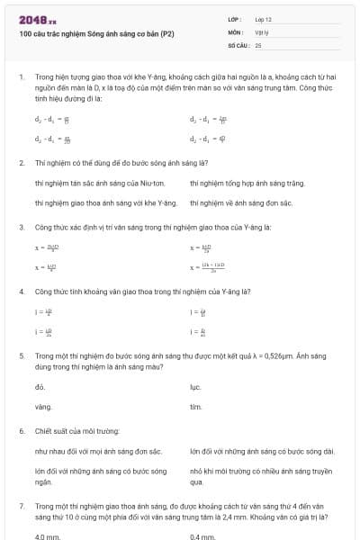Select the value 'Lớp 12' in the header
[x=264, y=19]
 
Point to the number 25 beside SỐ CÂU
[x=258, y=44]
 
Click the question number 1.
[x=22, y=78]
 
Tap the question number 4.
[x=22, y=292]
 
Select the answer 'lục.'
[x=195, y=387]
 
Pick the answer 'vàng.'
[x=43, y=407]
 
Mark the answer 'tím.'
[x=195, y=407]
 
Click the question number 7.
[x=22, y=506]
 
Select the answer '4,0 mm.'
[x=47, y=536]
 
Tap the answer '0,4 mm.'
[x=202, y=536]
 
